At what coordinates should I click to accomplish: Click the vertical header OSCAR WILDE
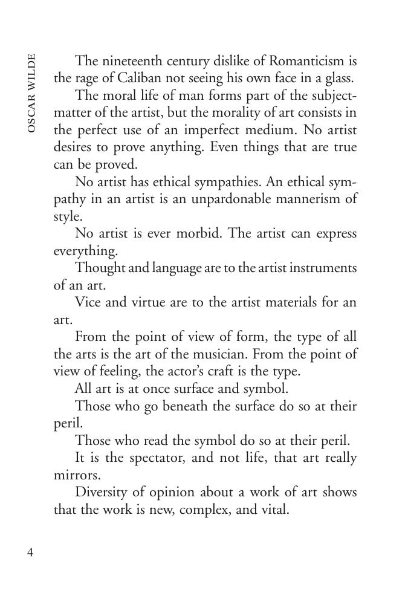(x=31, y=93)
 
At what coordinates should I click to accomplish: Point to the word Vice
(x=88, y=302)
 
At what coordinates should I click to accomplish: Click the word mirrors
(x=75, y=475)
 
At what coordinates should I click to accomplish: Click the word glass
(x=337, y=78)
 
